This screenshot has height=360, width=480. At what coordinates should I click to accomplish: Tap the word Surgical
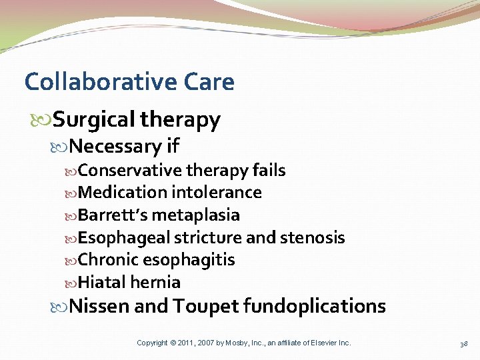point(95,120)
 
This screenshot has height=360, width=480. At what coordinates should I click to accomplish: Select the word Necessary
point(115,145)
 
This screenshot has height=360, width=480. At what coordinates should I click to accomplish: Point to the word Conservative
point(130,171)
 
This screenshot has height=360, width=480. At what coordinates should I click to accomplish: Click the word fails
point(269,171)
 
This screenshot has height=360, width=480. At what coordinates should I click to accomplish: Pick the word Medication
point(122,193)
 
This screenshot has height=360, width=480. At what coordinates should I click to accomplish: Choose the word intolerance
point(216,193)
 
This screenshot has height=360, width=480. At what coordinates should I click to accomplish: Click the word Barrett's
point(112,215)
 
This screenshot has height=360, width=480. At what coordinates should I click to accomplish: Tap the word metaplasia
point(196,215)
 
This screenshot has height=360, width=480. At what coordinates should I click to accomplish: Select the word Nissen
point(99,306)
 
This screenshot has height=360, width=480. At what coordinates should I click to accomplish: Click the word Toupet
point(205,306)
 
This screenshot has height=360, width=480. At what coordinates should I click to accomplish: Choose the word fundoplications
point(314,306)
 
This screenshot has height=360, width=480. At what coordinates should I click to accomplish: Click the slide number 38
point(463,343)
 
